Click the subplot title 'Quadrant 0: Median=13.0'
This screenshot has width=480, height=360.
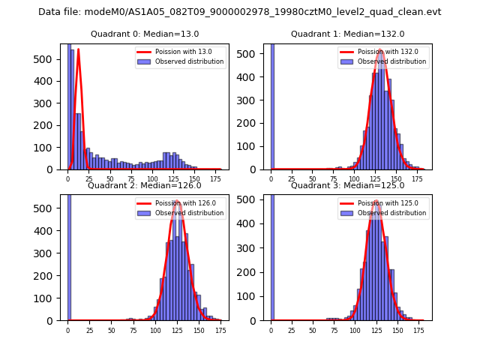click(145, 34)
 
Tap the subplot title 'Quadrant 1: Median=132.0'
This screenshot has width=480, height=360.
click(347, 34)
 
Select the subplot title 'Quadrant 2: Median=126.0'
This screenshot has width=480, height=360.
click(145, 185)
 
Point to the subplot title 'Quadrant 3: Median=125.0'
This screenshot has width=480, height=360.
click(347, 185)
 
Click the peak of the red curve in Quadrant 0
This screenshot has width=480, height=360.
click(78, 49)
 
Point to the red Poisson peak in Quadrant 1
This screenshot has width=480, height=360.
click(380, 50)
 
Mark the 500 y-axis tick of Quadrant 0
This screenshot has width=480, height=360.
click(52, 58)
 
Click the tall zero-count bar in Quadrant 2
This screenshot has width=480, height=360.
click(69, 255)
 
